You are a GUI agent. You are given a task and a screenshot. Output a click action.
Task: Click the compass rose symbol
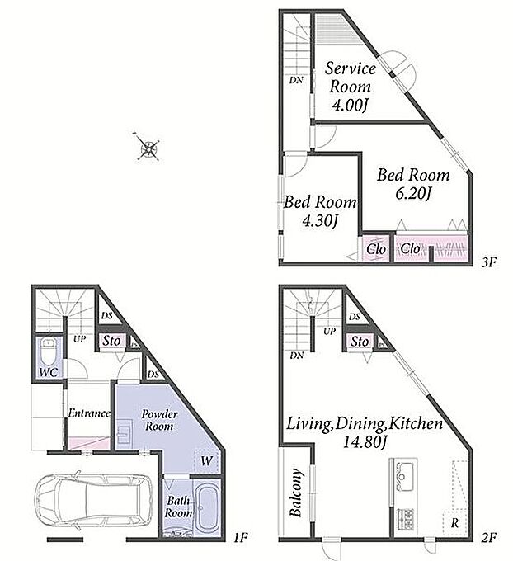tap(148, 147)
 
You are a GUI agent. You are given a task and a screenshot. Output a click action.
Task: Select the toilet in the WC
tap(48, 351)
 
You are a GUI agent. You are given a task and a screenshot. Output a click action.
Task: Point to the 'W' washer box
tap(206, 461)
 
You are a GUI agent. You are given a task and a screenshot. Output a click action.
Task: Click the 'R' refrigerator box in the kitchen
tap(454, 524)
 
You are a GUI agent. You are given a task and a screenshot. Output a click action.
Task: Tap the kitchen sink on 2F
tap(404, 476)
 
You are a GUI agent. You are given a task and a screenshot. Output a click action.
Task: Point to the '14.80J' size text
tap(365, 442)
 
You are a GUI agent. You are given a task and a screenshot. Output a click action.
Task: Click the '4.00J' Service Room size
tap(350, 106)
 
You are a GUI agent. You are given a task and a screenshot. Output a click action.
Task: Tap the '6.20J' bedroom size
tap(413, 194)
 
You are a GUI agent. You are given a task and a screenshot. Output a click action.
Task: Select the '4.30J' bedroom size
tap(320, 221)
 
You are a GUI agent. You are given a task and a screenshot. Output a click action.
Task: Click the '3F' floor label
tap(489, 262)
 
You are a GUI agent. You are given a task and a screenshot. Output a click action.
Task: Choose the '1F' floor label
tap(240, 537)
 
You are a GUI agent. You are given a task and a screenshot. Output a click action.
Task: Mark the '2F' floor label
tap(489, 538)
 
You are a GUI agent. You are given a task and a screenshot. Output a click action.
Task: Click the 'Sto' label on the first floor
tap(111, 341)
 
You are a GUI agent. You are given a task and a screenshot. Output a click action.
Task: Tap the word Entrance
tap(89, 413)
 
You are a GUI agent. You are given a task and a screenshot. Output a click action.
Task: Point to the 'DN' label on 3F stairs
tap(296, 80)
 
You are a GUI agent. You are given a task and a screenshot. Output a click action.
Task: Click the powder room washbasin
tap(124, 433)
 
